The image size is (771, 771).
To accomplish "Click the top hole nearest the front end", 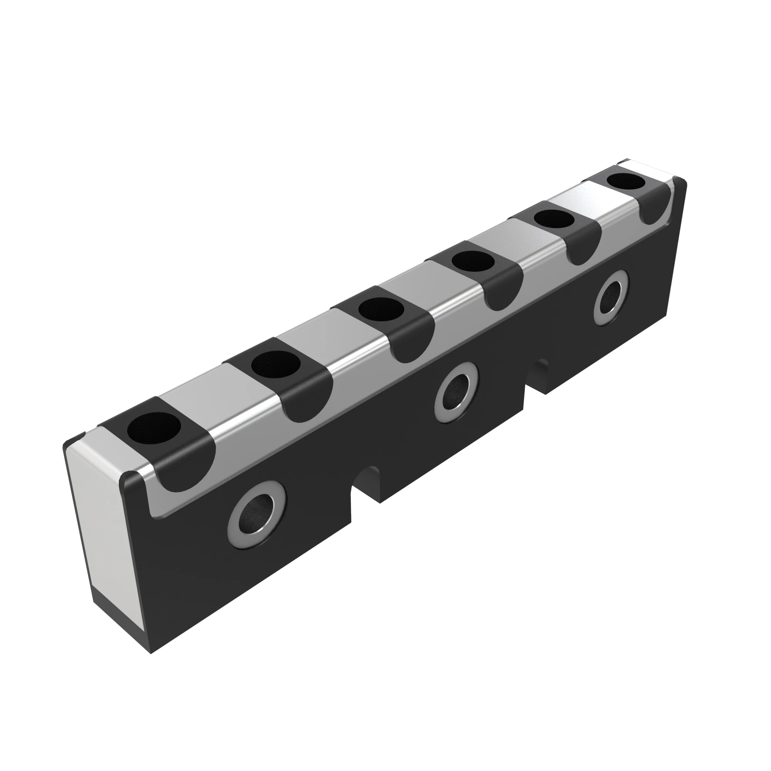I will (x=154, y=428).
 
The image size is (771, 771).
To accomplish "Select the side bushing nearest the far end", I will (x=611, y=297).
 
